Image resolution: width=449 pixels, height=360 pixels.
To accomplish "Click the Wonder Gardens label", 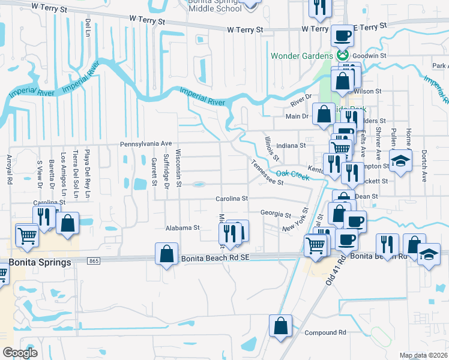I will tap(301, 56).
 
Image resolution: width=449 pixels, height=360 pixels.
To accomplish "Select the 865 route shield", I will tap(93, 261).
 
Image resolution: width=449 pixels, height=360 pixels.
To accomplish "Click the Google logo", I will tap(20, 353).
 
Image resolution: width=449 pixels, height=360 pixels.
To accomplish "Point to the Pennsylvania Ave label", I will tap(146, 144).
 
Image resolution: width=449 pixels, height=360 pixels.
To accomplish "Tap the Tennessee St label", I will tap(267, 173).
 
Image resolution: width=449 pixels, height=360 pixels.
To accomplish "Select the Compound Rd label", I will tap(325, 332).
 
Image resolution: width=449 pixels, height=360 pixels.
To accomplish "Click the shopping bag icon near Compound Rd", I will tap(280, 327).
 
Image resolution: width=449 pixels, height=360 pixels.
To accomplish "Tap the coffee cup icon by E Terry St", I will tap(343, 35).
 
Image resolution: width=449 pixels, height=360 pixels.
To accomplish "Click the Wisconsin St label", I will tap(178, 169).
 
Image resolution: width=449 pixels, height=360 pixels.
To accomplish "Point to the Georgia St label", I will tap(276, 214).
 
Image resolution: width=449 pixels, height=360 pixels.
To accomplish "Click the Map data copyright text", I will tap(423, 355).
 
